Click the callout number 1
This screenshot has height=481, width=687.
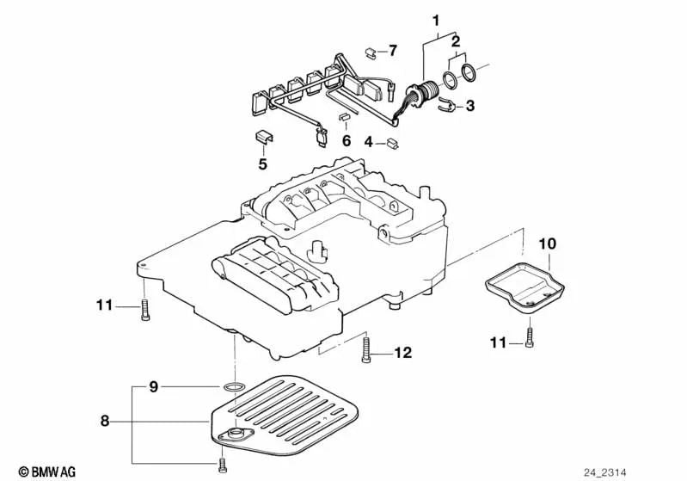(436, 20)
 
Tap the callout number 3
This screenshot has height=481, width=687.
(469, 106)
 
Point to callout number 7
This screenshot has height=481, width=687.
(393, 50)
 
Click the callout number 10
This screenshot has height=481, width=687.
(547, 244)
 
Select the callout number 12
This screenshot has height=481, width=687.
(402, 353)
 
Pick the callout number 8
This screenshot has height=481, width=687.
(105, 422)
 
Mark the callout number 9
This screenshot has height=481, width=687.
(153, 387)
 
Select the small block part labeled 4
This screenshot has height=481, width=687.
(392, 145)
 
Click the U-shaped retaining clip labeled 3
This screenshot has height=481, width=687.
(445, 106)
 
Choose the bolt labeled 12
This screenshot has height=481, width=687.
(367, 348)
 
